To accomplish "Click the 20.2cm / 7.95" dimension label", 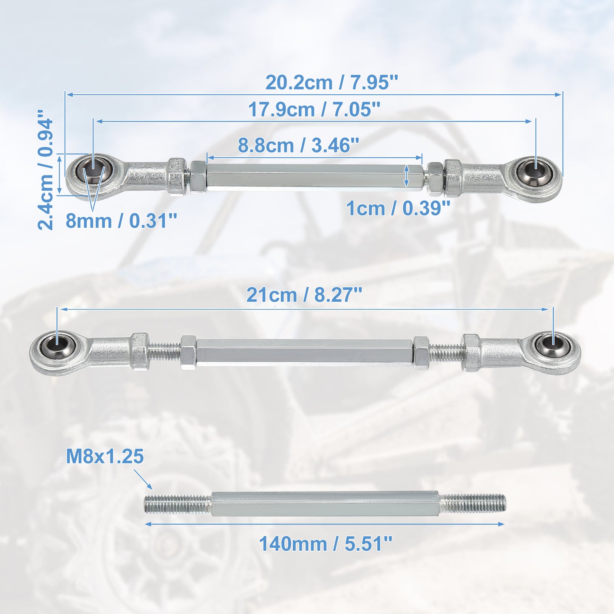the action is coord(332,83).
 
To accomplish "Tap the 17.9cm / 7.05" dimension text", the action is coord(314,110).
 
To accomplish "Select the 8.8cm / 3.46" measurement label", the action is coord(299,145).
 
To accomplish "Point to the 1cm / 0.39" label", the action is coord(398,209).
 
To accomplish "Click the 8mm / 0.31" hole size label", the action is coord(122,221).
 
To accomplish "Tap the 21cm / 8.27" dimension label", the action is coord(304,295).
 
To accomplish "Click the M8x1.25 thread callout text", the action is coord(105,456).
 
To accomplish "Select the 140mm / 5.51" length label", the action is coord(325,543).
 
